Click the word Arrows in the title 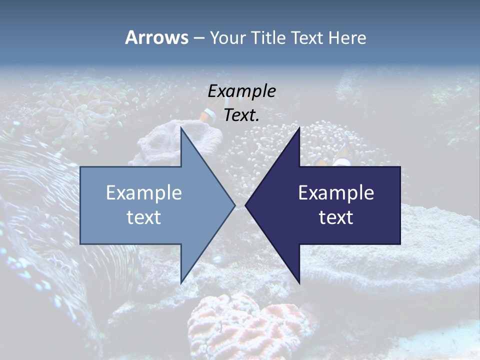point(157,37)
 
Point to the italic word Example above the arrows point(241,91)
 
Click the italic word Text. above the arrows point(241,115)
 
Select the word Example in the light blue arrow point(144,192)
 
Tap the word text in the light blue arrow point(144,217)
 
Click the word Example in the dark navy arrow point(336,192)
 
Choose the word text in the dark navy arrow point(336,217)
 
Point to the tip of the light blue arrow point(234,205)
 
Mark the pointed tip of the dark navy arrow point(246,205)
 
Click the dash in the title point(198,38)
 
